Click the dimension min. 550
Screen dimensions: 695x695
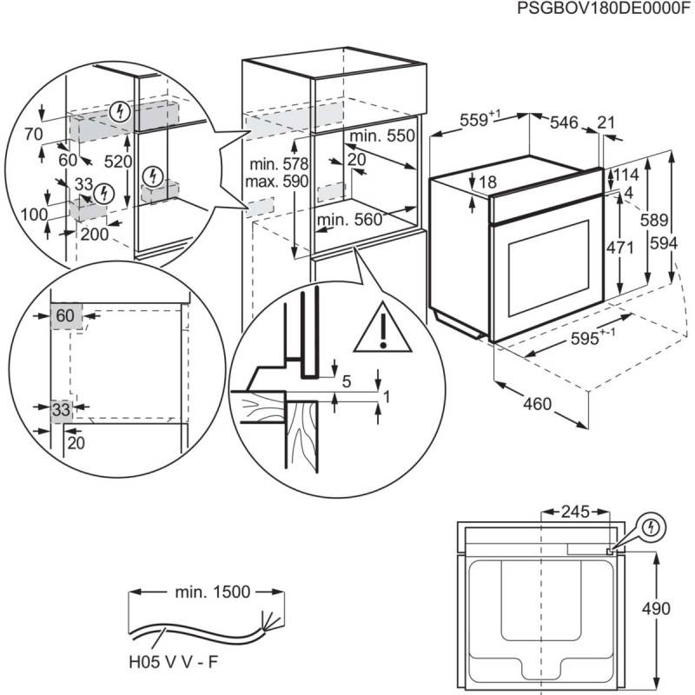point(383,136)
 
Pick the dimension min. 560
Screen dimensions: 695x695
point(349,221)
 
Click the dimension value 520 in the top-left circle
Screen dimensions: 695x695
point(116,161)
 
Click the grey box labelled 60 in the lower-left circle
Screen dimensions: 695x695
point(65,316)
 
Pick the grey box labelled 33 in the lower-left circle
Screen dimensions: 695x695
point(60,408)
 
